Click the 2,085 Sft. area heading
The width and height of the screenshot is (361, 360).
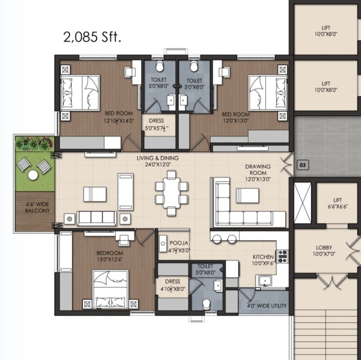pyautogui.click(x=92, y=37)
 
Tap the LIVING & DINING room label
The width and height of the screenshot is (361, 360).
pyautogui.click(x=157, y=161)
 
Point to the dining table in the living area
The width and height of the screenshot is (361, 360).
pyautogui.click(x=171, y=190)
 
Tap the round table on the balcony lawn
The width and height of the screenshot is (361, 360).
pyautogui.click(x=32, y=175)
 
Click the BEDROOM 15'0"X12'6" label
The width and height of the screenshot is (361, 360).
pyautogui.click(x=110, y=257)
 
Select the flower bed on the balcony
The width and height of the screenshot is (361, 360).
pyautogui.click(x=33, y=144)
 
